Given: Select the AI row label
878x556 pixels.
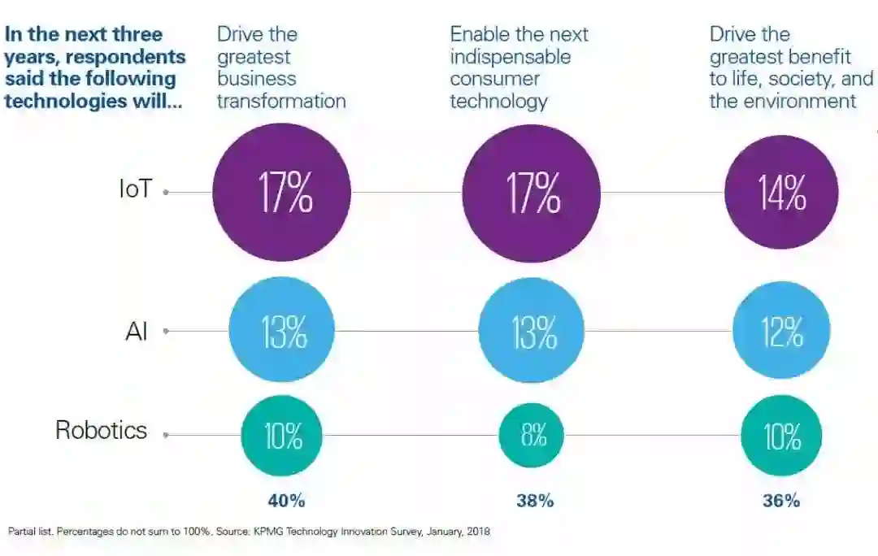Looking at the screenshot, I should (x=137, y=331).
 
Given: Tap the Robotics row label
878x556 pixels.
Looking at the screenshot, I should (x=101, y=429).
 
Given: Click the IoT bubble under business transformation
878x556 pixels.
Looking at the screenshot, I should (x=282, y=193).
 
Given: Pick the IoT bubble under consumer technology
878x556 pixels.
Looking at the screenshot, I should (x=532, y=193).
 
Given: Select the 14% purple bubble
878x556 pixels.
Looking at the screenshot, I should (x=781, y=193).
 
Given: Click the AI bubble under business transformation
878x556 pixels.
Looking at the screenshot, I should (x=282, y=331).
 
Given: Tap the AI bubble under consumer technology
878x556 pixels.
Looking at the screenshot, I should (x=532, y=331).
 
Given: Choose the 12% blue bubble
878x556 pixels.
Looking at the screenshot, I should (x=781, y=331).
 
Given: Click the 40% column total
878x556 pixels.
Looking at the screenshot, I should (x=286, y=501).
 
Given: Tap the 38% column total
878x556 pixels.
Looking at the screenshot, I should (x=535, y=501).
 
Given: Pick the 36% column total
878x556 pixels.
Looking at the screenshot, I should (x=781, y=501).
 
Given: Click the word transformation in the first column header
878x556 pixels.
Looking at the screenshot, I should (x=281, y=101).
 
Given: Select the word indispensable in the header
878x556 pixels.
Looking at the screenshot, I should (x=511, y=58).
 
